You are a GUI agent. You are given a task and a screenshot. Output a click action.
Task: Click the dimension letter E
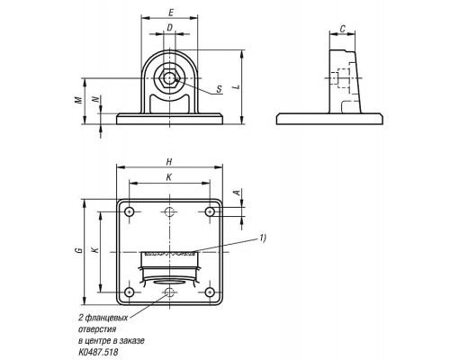[x=171, y=13]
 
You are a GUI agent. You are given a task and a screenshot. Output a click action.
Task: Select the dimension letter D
[x=170, y=28]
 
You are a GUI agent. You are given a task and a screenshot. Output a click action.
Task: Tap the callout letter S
[x=220, y=89]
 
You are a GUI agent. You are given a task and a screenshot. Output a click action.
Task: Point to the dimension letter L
[x=238, y=87]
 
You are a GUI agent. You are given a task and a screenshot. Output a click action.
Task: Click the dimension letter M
[x=78, y=100]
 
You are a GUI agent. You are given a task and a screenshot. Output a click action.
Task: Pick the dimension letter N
[x=95, y=99]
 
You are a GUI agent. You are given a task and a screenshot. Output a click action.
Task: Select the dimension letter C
[x=343, y=29]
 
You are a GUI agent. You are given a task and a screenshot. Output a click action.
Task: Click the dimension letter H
[x=169, y=162]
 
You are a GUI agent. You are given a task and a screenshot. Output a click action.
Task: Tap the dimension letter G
[x=79, y=250]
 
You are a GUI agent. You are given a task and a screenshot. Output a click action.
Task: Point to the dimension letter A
[x=238, y=193]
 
